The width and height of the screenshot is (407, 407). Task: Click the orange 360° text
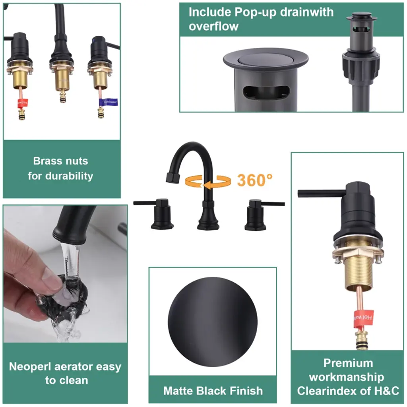coord(255,180)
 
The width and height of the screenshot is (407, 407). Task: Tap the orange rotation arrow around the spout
coord(207,181)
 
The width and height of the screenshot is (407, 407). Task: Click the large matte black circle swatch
coord(213,322)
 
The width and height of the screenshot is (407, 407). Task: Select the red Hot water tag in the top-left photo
coord(23,103)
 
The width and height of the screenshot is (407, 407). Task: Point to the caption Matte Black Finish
coord(213,391)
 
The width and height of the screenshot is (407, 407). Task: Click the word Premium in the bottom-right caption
coord(348,363)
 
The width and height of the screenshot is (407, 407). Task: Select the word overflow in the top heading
coord(213,27)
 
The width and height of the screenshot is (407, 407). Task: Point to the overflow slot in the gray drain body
coord(266,92)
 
